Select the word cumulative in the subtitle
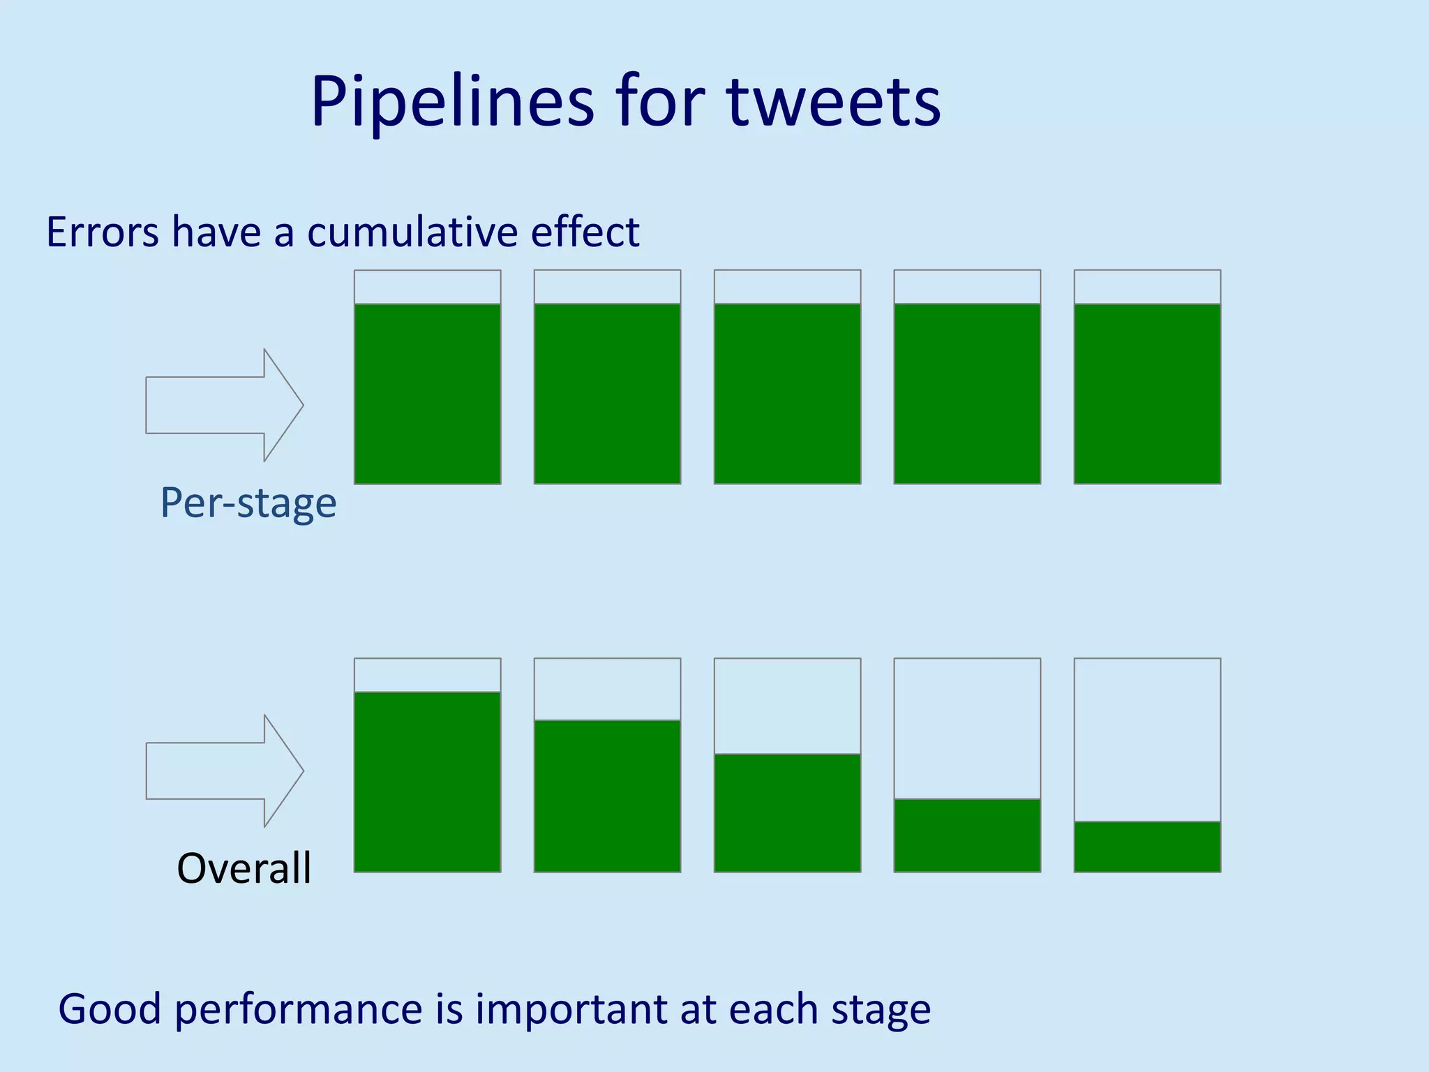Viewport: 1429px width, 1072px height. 412,232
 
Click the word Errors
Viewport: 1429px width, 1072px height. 102,232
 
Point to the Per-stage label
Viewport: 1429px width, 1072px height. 248,502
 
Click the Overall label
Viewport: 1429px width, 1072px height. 244,868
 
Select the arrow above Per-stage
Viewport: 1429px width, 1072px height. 223,405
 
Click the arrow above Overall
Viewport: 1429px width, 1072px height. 223,771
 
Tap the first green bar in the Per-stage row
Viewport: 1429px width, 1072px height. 427,394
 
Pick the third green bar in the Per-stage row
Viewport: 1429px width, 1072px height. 787,394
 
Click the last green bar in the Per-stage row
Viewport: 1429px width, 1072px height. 1147,394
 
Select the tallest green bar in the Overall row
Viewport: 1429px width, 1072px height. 427,782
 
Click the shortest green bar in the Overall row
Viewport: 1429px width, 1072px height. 1147,847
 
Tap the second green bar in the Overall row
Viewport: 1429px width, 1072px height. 607,796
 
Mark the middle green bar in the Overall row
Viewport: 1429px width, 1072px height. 787,813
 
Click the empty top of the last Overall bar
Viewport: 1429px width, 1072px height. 1147,740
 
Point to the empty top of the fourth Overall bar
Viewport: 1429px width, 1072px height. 967,729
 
